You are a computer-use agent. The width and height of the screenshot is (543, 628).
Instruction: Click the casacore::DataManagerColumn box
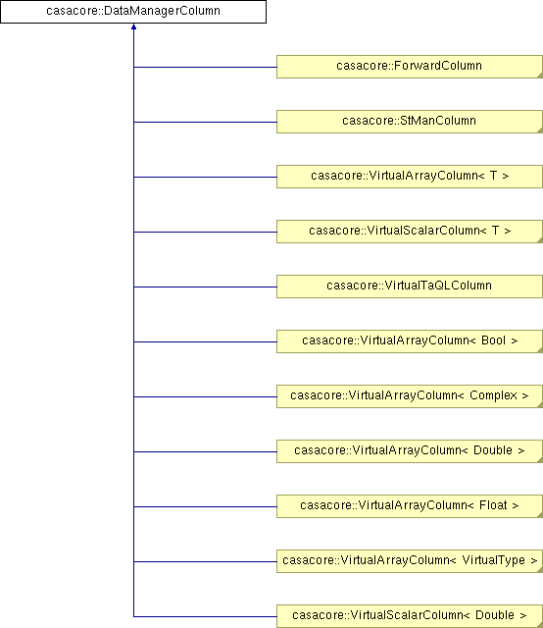pos(133,12)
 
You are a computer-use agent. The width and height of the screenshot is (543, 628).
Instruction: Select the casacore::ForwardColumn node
pos(410,67)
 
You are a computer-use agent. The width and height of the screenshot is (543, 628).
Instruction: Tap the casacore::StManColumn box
pos(410,122)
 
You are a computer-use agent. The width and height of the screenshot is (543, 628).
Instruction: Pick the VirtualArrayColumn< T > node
pos(410,177)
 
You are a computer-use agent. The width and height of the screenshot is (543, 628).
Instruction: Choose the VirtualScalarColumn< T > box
pos(410,232)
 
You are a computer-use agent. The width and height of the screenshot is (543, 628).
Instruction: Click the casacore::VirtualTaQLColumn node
pos(410,287)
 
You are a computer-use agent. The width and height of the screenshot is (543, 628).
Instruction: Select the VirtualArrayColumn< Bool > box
pos(410,341)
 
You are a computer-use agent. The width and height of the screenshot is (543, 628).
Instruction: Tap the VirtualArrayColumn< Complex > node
pos(410,396)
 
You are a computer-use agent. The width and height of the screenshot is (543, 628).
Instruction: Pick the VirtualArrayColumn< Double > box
pos(410,451)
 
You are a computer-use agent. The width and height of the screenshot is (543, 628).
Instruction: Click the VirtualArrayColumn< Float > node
pos(410,506)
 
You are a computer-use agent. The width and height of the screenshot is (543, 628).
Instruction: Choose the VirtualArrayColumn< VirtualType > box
pos(410,560)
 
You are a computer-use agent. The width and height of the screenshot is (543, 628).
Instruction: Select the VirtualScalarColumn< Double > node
pos(410,616)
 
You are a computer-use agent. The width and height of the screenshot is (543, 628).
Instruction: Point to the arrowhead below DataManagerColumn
pos(133,26)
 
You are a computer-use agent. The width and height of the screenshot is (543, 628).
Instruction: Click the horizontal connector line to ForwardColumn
pos(205,67)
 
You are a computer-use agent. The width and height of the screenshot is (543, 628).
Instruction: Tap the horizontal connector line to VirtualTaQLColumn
pos(205,287)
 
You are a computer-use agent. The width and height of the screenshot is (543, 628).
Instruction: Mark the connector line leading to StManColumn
pos(205,122)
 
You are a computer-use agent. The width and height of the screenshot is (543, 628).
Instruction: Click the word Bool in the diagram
pos(493,340)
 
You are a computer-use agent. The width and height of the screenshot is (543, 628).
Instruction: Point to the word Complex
pos(493,395)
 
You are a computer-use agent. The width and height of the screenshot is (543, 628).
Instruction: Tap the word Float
pos(493,505)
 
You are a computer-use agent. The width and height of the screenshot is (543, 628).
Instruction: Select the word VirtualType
pos(493,560)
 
